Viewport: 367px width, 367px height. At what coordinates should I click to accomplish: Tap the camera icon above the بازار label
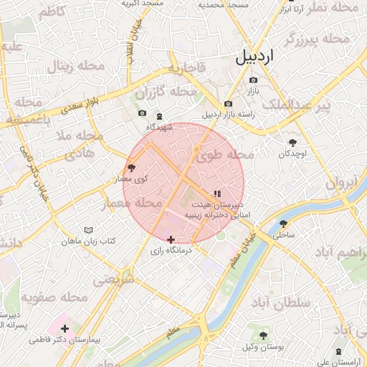pyautogui.click(x=253, y=80)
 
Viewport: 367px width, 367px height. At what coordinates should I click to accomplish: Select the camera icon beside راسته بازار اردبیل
pyautogui.click(x=228, y=104)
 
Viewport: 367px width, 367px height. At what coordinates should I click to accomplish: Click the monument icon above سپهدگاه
pyautogui.click(x=159, y=116)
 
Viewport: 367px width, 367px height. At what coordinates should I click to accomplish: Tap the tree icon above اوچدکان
pyautogui.click(x=292, y=143)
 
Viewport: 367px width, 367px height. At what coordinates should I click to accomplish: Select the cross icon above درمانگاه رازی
pyautogui.click(x=171, y=239)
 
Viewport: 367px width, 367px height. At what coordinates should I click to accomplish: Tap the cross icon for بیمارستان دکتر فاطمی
pyautogui.click(x=65, y=328)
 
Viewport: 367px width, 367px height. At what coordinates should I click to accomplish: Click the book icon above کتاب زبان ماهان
pyautogui.click(x=88, y=230)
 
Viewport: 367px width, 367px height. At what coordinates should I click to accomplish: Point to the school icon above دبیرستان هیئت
pyautogui.click(x=217, y=194)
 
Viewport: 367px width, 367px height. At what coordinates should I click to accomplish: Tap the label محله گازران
pyautogui.click(x=166, y=92)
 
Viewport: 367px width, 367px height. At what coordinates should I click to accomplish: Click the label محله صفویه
pyautogui.click(x=54, y=297)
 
